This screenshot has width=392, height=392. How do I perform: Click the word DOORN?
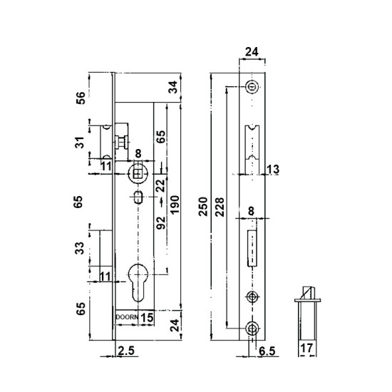click(x=127, y=317)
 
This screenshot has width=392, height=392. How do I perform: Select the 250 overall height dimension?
click(x=203, y=207)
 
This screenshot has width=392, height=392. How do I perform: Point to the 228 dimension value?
click(x=220, y=207)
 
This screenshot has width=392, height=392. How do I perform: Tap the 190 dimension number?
click(x=175, y=205)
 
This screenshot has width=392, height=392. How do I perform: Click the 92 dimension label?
click(x=161, y=223)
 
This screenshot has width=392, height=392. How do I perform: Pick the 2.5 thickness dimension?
click(x=126, y=351)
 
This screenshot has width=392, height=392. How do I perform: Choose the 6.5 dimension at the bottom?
click(x=267, y=351)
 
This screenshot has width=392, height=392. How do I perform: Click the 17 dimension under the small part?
click(x=306, y=348)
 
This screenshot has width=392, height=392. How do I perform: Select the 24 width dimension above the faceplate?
click(x=252, y=52)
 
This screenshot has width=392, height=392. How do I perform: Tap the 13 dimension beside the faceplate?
click(x=273, y=169)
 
